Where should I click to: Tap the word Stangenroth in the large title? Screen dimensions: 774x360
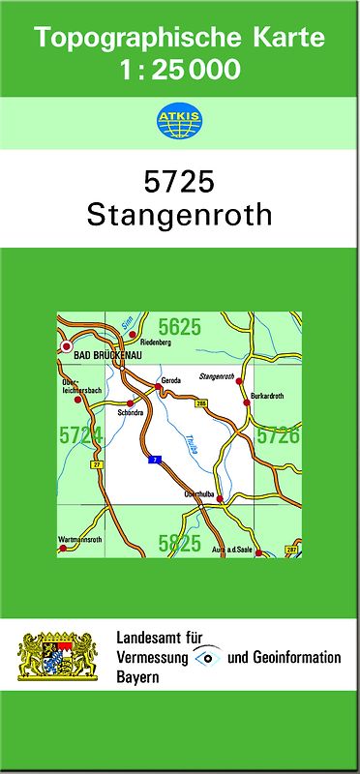pyautogui.click(x=179, y=215)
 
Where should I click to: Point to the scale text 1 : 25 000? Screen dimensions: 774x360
pyautogui.click(x=179, y=70)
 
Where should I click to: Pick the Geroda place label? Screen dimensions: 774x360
pyautogui.click(x=171, y=379)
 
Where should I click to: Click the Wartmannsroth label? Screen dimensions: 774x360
pyautogui.click(x=79, y=538)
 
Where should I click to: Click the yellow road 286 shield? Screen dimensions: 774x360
pyautogui.click(x=201, y=403)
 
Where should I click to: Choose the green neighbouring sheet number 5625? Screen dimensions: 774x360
pyautogui.click(x=180, y=328)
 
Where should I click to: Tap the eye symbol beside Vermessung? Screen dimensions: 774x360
pyautogui.click(x=207, y=657)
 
